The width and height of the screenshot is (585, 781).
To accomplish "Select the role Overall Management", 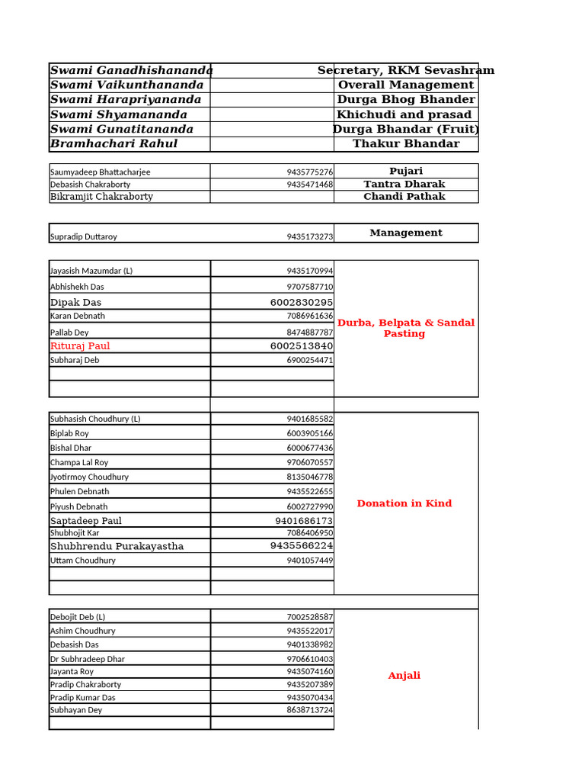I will [406, 85].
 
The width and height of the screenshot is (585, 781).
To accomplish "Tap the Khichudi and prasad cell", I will [404, 114].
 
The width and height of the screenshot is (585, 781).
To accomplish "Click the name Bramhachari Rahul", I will [113, 143].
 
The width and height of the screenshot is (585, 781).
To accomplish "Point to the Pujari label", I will [406, 171].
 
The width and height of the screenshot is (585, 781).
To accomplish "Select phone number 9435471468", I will [309, 185].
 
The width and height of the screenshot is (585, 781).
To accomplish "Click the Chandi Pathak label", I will [404, 196].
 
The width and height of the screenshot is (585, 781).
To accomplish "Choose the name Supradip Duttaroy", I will [84, 236].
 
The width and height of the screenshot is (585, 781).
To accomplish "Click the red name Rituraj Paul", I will [80, 346].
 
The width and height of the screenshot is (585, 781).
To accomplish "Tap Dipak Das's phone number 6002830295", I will [301, 302].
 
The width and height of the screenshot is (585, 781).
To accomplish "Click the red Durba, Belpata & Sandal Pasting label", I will [405, 328].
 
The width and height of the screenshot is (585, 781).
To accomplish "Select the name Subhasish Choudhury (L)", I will [95, 419].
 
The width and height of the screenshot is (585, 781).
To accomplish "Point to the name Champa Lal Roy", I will [79, 462].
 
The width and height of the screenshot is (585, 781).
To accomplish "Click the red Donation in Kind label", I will [404, 503].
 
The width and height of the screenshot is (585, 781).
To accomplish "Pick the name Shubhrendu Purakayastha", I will [106, 546].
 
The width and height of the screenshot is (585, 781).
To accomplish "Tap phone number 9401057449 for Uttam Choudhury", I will [309, 561].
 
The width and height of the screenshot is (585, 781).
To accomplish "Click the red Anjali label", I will [404, 676].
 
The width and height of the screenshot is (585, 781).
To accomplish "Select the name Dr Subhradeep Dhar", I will [88, 659].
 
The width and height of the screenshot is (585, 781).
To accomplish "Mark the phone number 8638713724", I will [309, 710].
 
